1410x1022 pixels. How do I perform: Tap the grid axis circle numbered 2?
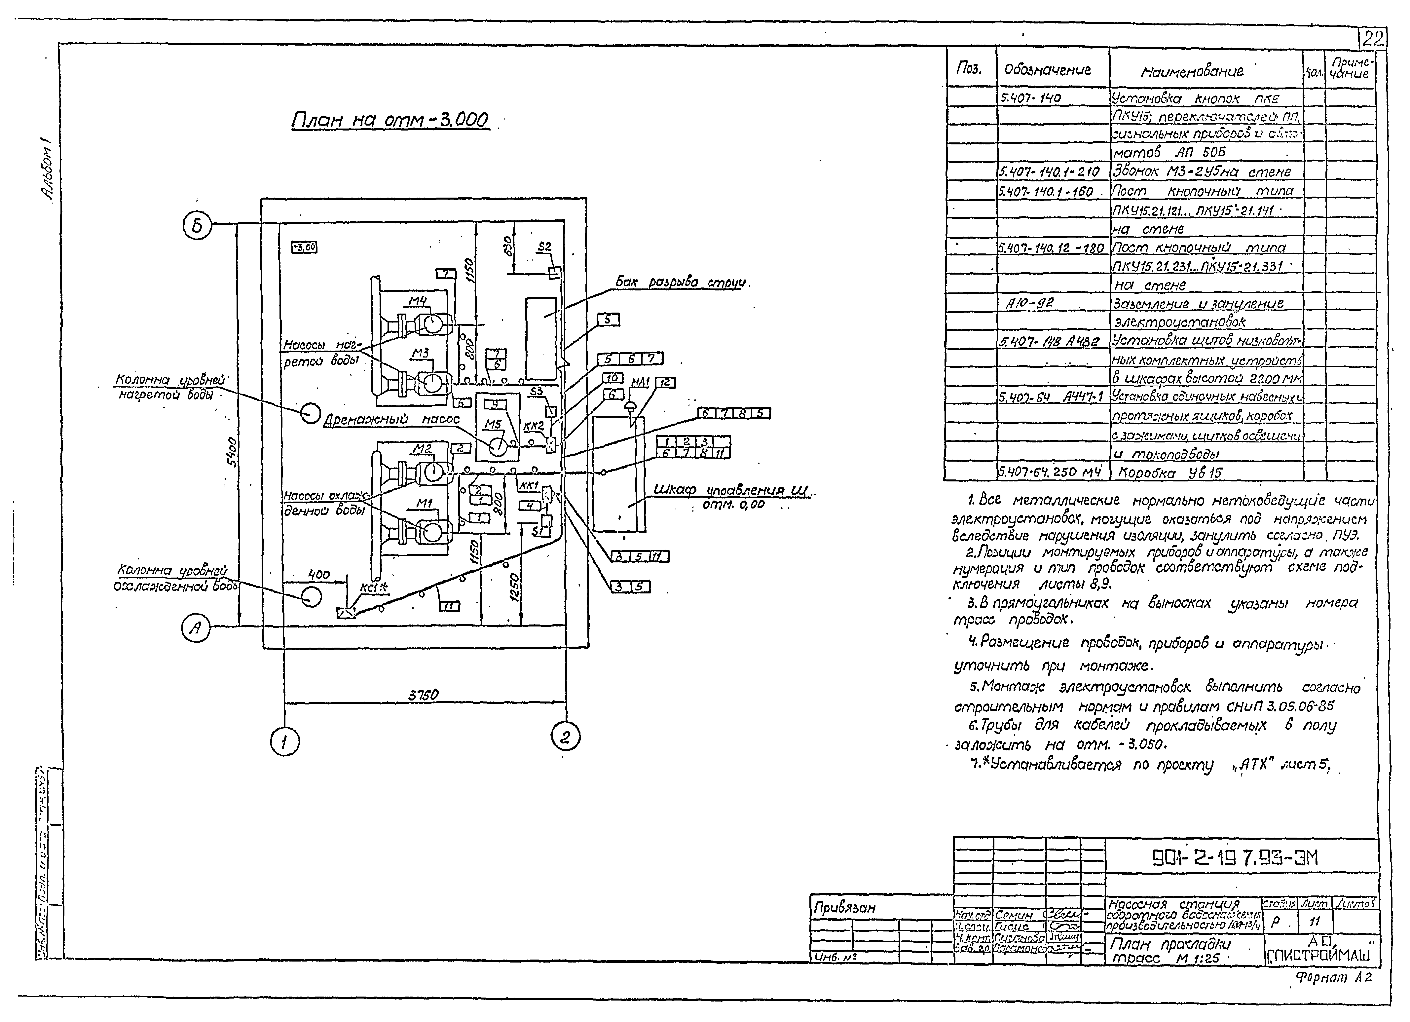565,737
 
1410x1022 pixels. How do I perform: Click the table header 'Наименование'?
1192,71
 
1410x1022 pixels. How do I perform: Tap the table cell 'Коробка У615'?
1170,473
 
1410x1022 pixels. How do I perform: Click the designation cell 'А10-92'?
1030,303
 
